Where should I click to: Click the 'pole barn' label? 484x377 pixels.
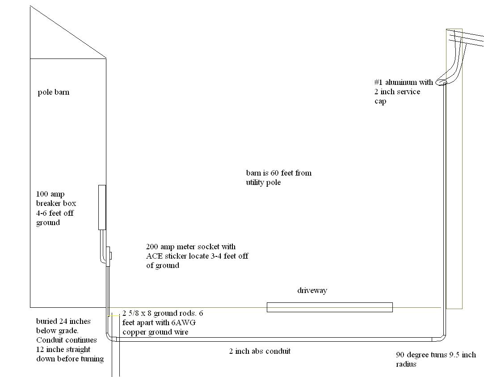pyautogui.click(x=53, y=92)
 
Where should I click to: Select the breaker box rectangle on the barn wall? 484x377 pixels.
pyautogui.click(x=102, y=207)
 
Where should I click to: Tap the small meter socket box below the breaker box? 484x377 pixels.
pyautogui.click(x=108, y=256)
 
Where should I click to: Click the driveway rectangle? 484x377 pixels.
pyautogui.click(x=330, y=307)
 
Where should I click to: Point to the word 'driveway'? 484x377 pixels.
pyautogui.click(x=312, y=291)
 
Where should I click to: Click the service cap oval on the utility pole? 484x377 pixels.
pyautogui.click(x=442, y=82)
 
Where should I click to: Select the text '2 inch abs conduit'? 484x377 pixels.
pyautogui.click(x=260, y=351)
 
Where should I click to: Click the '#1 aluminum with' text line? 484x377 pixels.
pyautogui.click(x=404, y=82)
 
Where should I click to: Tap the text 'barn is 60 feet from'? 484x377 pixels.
pyautogui.click(x=279, y=173)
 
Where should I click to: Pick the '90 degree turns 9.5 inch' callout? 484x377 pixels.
pyautogui.click(x=436, y=355)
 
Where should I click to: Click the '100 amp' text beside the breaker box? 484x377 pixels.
pyautogui.click(x=51, y=194)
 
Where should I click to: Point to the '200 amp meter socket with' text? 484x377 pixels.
pyautogui.click(x=191, y=247)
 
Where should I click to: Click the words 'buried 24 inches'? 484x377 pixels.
pyautogui.click(x=63, y=321)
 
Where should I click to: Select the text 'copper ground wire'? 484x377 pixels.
pyautogui.click(x=155, y=332)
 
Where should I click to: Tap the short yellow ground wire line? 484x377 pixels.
pyautogui.click(x=114, y=316)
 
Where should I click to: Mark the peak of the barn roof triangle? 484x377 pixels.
pyautogui.click(x=30, y=6)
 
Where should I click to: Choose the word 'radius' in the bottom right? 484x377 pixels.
pyautogui.click(x=406, y=364)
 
